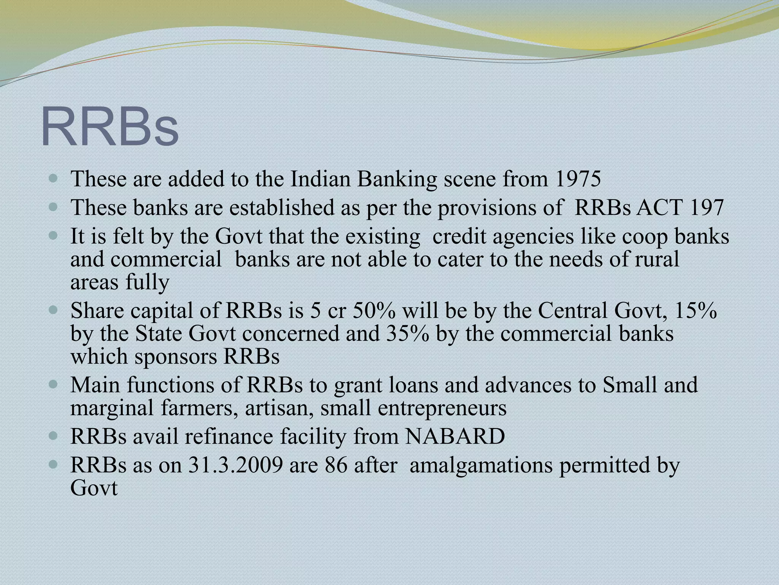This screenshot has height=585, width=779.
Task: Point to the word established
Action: pyautogui.click(x=289, y=208)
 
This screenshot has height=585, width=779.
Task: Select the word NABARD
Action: pyautogui.click(x=455, y=437)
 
